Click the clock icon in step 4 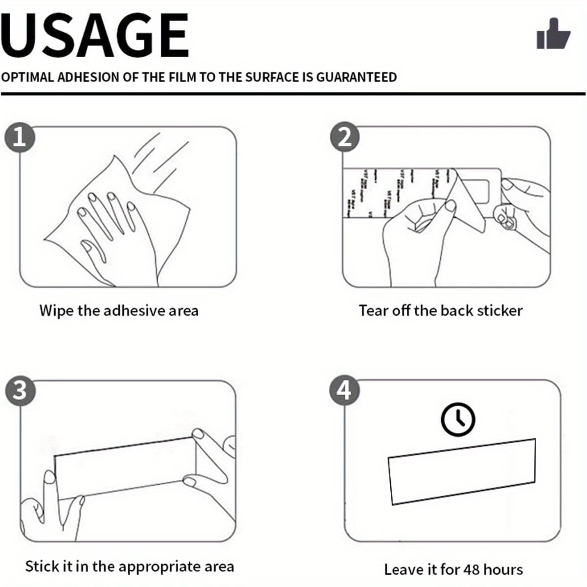point(458,420)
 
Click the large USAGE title point(95,35)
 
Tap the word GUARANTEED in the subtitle point(356,77)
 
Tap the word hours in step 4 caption point(505,569)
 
